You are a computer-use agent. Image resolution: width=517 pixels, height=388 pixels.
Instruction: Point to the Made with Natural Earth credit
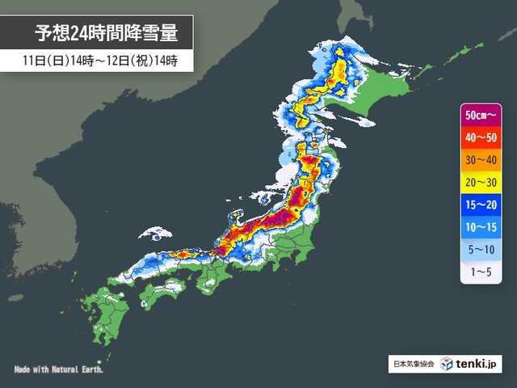(59, 369)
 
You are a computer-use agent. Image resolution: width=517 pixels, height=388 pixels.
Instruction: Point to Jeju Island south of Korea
(15, 297)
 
